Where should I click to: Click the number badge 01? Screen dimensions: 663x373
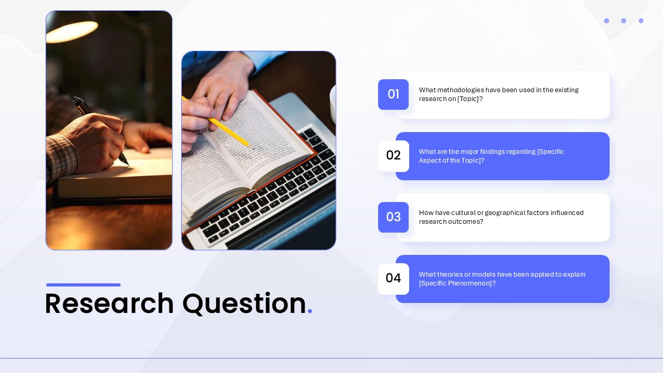coord(393,94)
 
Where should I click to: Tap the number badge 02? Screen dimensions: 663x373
coord(393,156)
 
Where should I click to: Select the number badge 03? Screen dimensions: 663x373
coord(393,217)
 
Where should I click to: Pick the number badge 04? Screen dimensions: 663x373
coord(393,279)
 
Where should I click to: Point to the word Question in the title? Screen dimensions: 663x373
coord(244,304)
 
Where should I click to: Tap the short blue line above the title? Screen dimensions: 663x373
coord(83,285)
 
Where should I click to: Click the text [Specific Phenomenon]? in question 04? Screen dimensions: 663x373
coord(457,283)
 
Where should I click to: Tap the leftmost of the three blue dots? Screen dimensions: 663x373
coord(607,21)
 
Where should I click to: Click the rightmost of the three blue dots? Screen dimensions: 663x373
coord(641,21)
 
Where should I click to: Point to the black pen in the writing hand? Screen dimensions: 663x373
coord(100,130)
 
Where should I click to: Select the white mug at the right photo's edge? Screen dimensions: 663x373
coord(333,104)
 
